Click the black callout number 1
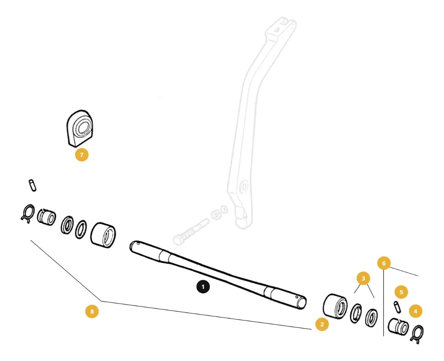tap(203, 287)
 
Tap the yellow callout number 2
tap(322, 324)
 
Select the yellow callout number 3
tap(363, 279)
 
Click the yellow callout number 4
tap(415, 311)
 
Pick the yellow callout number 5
tap(401, 292)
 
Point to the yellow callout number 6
tap(384, 263)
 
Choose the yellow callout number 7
tap(82, 154)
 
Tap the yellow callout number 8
tap(92, 312)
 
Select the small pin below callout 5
tap(397, 307)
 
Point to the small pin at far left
tap(33, 185)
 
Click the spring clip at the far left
tap(28, 213)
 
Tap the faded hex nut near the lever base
tap(216, 215)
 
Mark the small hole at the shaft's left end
tap(138, 243)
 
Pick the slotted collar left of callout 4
tap(398, 326)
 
